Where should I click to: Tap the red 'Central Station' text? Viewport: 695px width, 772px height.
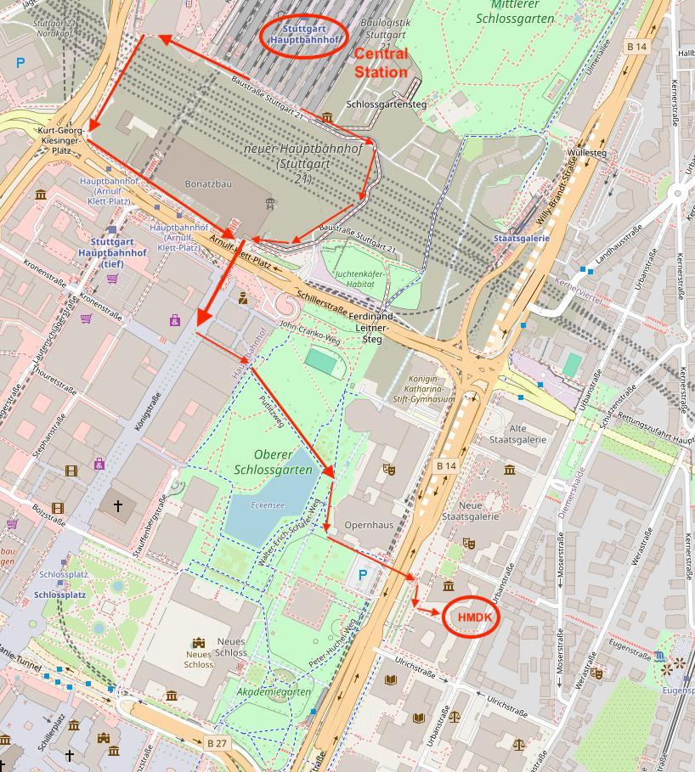pyautogui.click(x=381, y=63)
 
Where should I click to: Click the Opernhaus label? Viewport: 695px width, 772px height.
pyautogui.click(x=369, y=525)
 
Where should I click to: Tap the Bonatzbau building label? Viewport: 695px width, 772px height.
pyautogui.click(x=208, y=183)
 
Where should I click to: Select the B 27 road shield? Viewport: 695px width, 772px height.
pyautogui.click(x=217, y=742)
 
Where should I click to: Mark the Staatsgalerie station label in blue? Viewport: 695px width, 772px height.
pyautogui.click(x=521, y=239)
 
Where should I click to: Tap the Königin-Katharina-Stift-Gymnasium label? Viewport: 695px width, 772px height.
pyautogui.click(x=423, y=388)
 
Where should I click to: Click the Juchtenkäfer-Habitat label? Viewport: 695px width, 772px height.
pyautogui.click(x=364, y=279)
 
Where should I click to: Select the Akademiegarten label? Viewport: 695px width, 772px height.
pyautogui.click(x=275, y=692)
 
